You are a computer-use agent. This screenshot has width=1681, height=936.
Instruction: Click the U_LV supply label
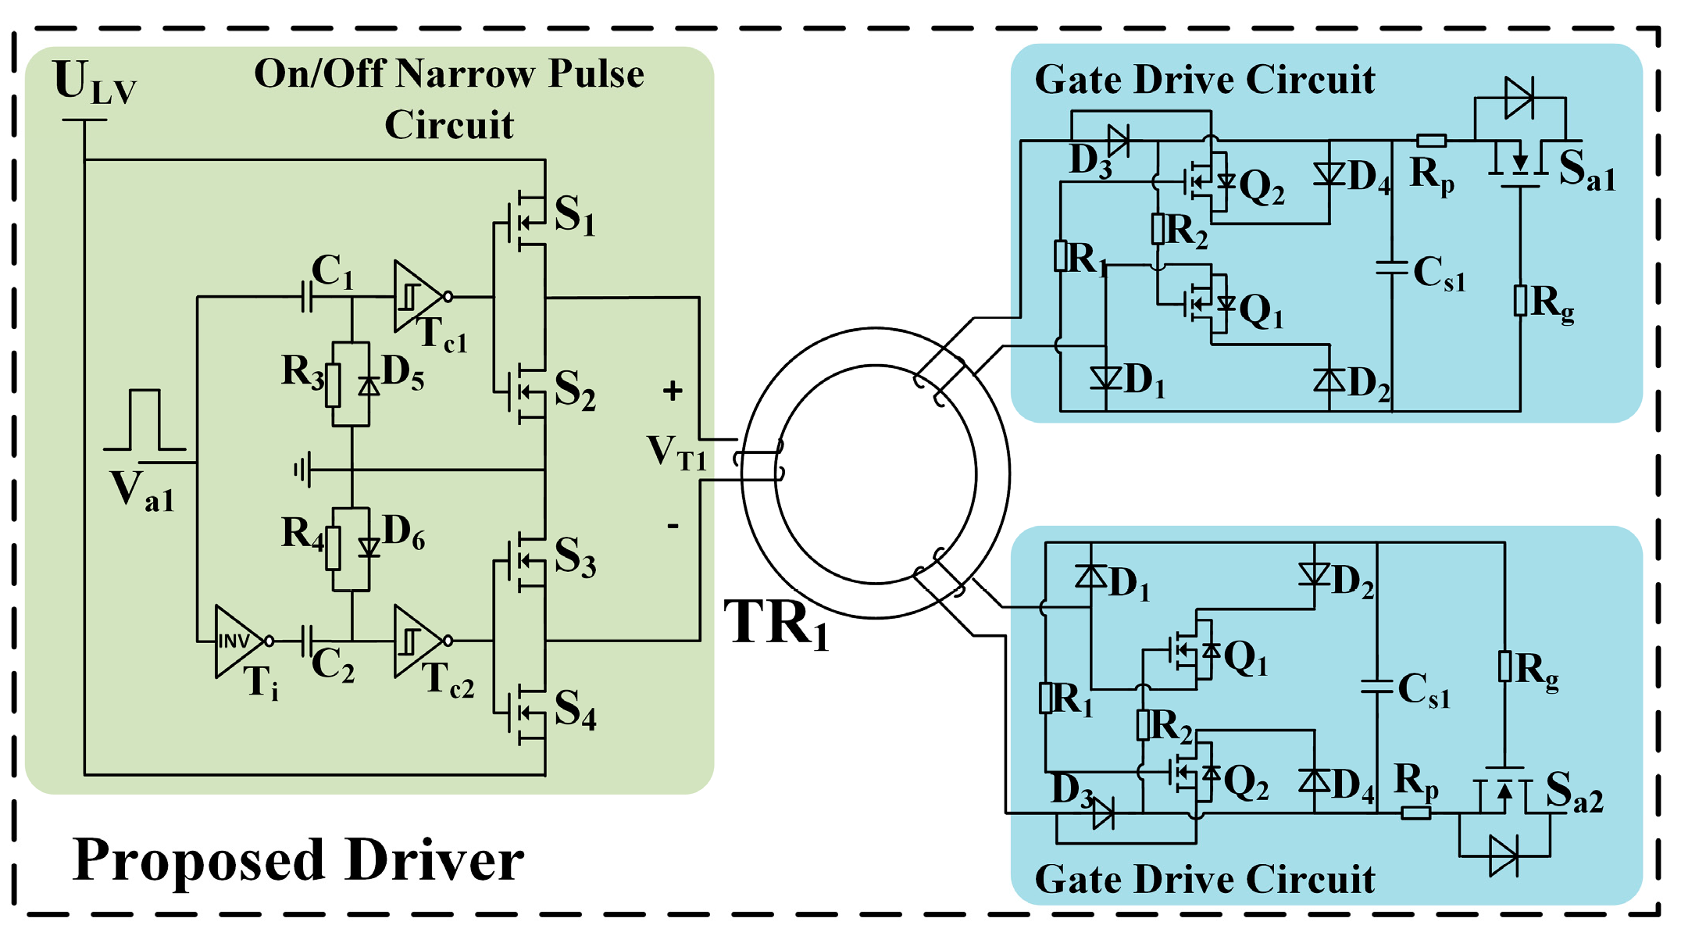(94, 82)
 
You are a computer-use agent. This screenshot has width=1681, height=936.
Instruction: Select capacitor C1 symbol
(307, 297)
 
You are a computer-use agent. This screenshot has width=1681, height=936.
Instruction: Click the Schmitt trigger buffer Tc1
(416, 297)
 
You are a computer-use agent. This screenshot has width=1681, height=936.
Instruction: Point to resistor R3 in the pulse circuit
(333, 384)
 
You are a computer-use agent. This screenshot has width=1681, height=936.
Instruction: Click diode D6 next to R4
(369, 548)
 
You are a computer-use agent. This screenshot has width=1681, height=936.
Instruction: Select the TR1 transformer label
(776, 624)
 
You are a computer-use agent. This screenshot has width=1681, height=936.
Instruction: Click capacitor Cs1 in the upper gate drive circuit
(1392, 268)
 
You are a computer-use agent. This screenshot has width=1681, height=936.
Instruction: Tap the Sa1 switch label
(1586, 170)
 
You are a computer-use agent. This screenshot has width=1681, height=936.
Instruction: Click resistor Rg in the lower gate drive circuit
(1504, 666)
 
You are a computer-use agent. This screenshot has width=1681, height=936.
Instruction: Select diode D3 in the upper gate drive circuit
(1119, 141)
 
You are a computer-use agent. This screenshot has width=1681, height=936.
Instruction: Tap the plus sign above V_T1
(672, 391)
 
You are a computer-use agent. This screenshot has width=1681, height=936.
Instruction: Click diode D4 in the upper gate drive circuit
(1329, 173)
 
